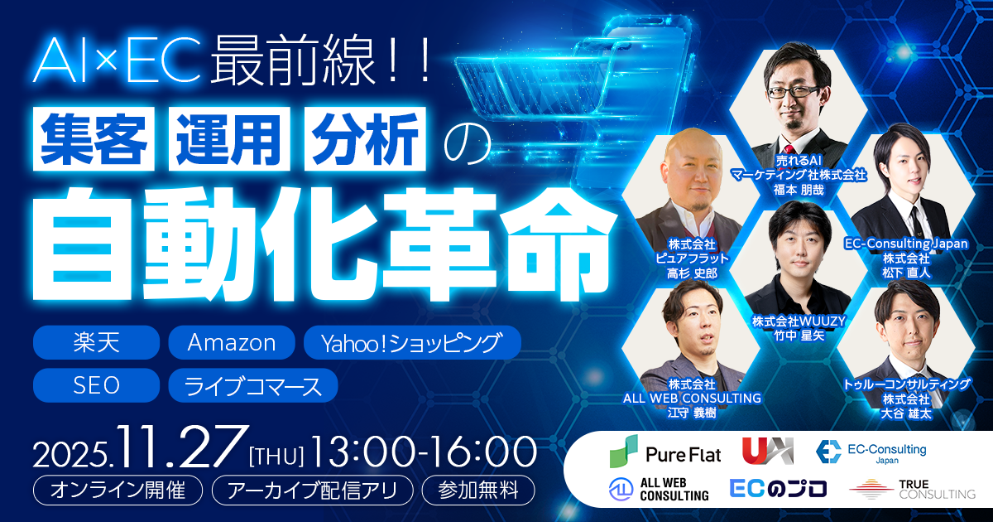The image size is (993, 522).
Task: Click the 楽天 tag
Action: [x=96, y=342]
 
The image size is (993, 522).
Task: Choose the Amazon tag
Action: [x=231, y=342]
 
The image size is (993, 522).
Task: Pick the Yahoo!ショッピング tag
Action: [x=412, y=342]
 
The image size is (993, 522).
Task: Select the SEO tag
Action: [x=96, y=385]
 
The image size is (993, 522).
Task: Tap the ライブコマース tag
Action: [x=252, y=385]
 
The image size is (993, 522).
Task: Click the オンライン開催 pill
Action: [x=118, y=490]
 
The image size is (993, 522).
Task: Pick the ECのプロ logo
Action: [x=778, y=489]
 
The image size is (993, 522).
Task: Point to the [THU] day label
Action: [x=276, y=455]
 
